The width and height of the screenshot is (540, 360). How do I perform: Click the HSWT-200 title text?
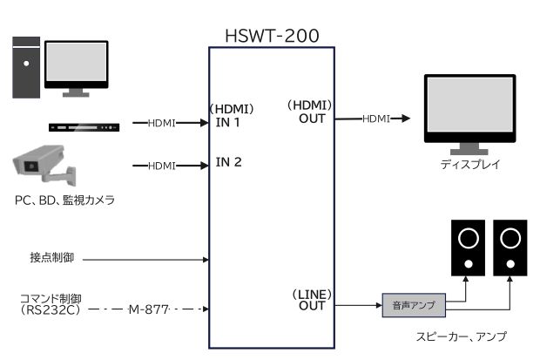click(270, 35)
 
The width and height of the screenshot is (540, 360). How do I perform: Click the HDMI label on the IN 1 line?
click(162, 124)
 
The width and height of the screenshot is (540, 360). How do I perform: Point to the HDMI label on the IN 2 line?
click(162, 166)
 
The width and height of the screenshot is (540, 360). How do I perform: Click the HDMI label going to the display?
click(376, 118)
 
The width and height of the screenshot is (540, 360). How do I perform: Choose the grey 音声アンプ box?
click(414, 305)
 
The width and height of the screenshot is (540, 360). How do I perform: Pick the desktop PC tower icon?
click(27, 66)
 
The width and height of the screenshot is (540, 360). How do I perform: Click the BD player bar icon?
click(83, 127)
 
